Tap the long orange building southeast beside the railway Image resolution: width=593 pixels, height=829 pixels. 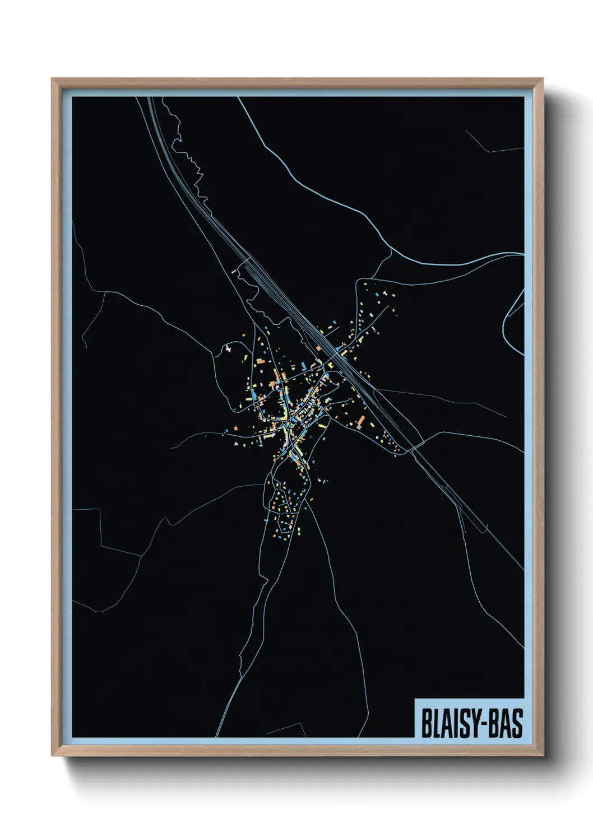coord(361,420)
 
